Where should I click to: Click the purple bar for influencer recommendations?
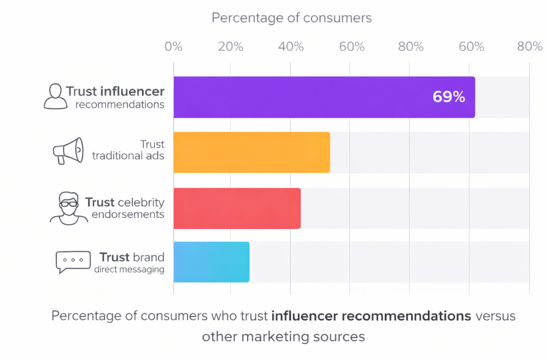pyautogui.click(x=306, y=97)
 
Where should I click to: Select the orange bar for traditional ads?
pyautogui.click(x=251, y=152)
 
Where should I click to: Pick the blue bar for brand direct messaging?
pyautogui.click(x=211, y=262)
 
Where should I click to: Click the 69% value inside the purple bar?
pyautogui.click(x=448, y=97)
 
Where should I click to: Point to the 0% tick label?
pyautogui.click(x=173, y=47)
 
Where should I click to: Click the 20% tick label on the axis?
pyautogui.click(x=232, y=47)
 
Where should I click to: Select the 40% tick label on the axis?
pyautogui.click(x=291, y=47)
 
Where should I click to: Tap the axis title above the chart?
pyautogui.click(x=291, y=18)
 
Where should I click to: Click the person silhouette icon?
pyautogui.click(x=56, y=97)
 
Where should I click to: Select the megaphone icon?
pyautogui.click(x=67, y=151)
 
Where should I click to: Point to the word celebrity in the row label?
pyautogui.click(x=141, y=202)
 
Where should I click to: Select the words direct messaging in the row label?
pyautogui.click(x=129, y=269)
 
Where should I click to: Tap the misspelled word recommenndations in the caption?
pyautogui.click(x=371, y=316)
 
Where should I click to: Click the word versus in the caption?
pyautogui.click(x=495, y=316)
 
